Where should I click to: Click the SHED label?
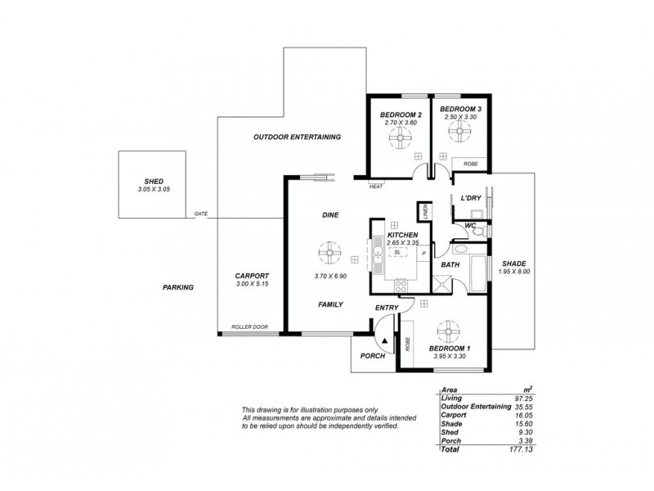[150, 181]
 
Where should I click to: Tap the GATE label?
[200, 214]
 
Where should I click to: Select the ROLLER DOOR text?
[249, 327]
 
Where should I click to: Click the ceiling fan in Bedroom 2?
[401, 143]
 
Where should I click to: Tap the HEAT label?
[376, 186]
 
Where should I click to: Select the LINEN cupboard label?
[425, 211]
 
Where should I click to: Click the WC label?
[470, 225]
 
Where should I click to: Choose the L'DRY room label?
[470, 199]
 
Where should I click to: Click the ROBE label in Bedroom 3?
[470, 164]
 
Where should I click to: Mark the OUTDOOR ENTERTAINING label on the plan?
[297, 137]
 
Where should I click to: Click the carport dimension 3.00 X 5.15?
[252, 283]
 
